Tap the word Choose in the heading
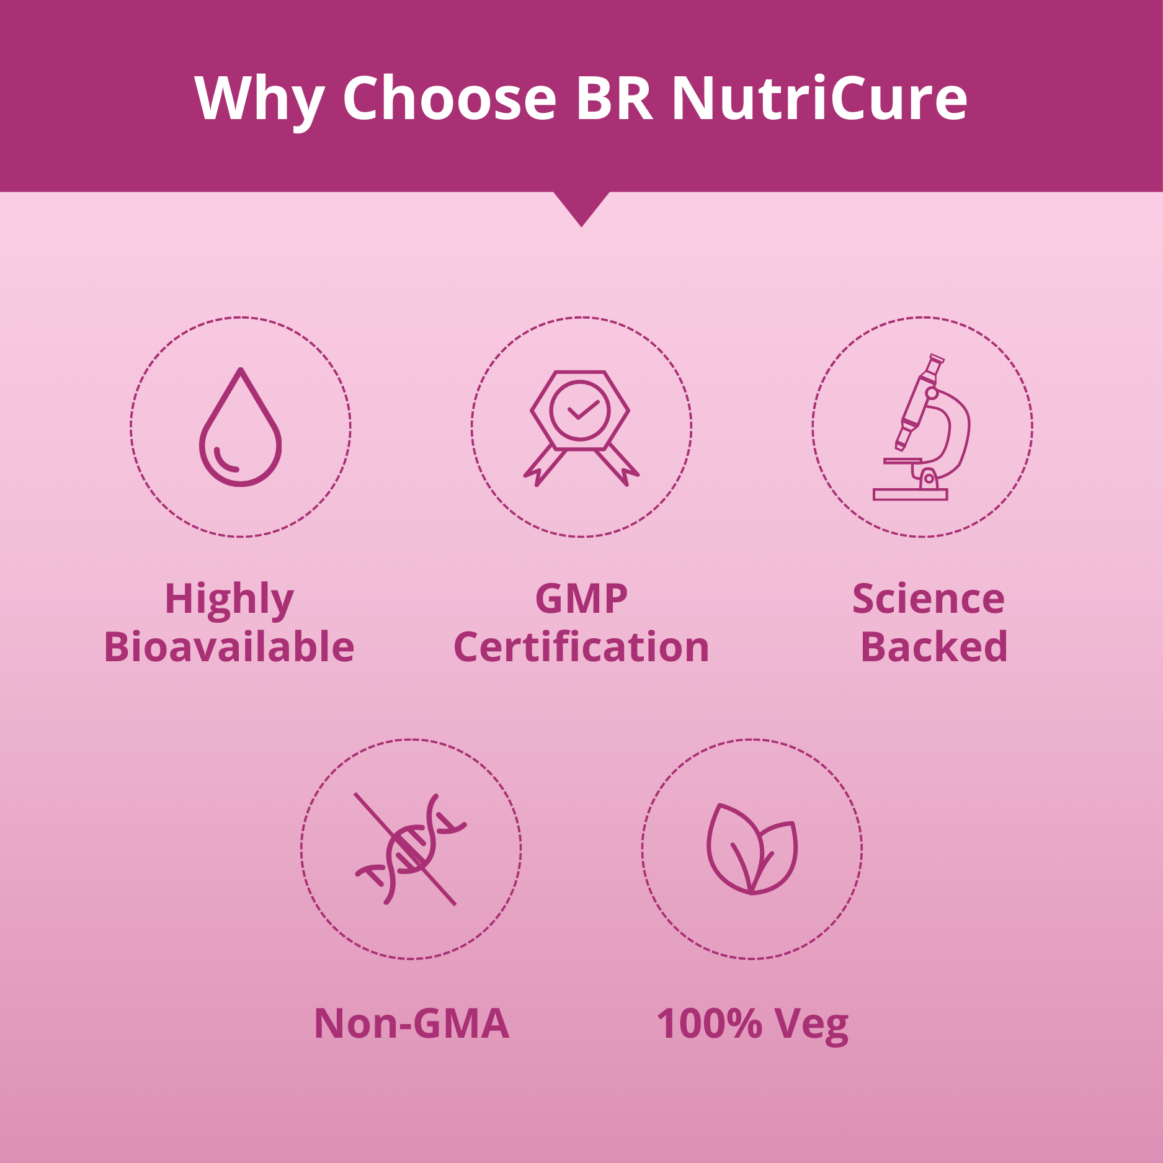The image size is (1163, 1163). [450, 97]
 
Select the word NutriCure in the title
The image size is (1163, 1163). [819, 97]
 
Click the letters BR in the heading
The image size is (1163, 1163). [615, 97]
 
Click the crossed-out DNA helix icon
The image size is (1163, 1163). [410, 849]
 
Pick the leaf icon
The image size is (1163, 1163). [752, 849]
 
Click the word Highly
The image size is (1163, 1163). [229, 600]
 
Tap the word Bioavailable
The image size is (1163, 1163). [229, 647]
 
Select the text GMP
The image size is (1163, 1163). [581, 599]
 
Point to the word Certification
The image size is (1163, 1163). [581, 647]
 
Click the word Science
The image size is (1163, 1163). [928, 599]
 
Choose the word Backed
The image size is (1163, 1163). [934, 647]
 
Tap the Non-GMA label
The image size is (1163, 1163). [411, 1023]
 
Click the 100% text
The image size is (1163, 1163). [709, 1023]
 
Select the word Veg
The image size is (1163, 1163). [813, 1026]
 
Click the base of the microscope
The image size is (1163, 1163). [910, 494]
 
